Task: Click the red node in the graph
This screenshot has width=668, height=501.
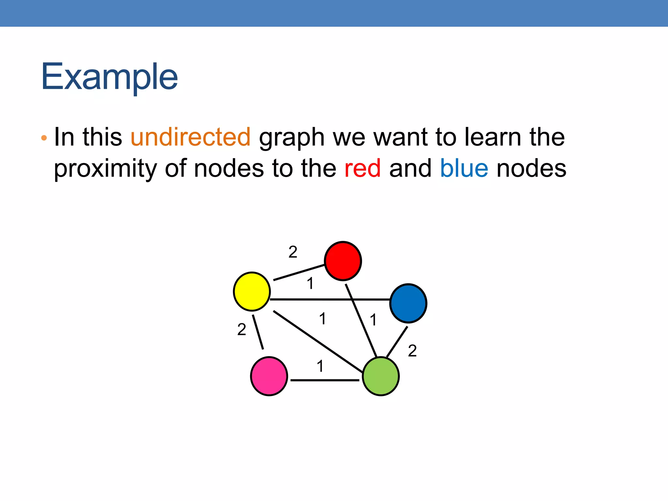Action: pyautogui.click(x=343, y=261)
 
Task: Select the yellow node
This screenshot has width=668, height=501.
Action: pyautogui.click(x=252, y=291)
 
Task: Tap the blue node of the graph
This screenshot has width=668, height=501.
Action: pyautogui.click(x=408, y=303)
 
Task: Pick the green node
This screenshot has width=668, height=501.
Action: pyautogui.click(x=381, y=376)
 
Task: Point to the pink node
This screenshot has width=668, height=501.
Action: pyautogui.click(x=269, y=376)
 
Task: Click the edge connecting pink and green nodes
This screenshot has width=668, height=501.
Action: pyautogui.click(x=325, y=380)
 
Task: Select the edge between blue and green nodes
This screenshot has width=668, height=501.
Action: pyautogui.click(x=397, y=342)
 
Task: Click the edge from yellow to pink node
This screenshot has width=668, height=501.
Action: pyautogui.click(x=258, y=332)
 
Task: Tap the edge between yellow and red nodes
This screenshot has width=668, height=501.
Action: pyautogui.click(x=298, y=273)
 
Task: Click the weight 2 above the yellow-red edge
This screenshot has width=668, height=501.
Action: pyautogui.click(x=293, y=252)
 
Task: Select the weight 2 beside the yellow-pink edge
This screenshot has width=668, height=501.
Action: pyautogui.click(x=242, y=329)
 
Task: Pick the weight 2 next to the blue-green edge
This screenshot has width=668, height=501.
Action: pyautogui.click(x=412, y=351)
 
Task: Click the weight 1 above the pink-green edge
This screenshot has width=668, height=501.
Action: pyautogui.click(x=320, y=366)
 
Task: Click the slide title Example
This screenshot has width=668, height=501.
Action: pyautogui.click(x=109, y=77)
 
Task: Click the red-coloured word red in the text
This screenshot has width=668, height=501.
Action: pyautogui.click(x=362, y=168)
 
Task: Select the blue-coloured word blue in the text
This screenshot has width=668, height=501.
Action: pyautogui.click(x=464, y=168)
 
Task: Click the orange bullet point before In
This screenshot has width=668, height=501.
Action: pyautogui.click(x=44, y=138)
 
